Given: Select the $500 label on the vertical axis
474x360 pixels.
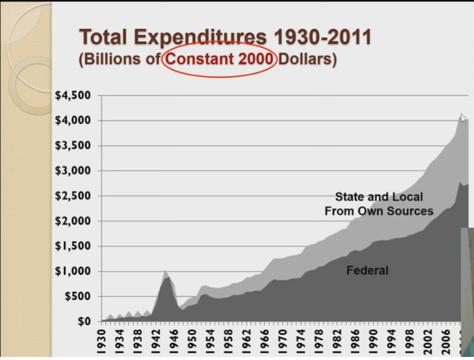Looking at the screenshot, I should [77, 297].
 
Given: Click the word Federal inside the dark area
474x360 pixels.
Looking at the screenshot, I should [367, 270].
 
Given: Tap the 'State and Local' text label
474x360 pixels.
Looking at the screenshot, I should [379, 197].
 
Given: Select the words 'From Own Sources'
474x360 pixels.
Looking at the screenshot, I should [379, 211].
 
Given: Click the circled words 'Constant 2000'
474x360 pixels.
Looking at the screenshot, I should [219, 61].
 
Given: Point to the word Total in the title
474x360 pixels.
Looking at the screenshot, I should [106, 37].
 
